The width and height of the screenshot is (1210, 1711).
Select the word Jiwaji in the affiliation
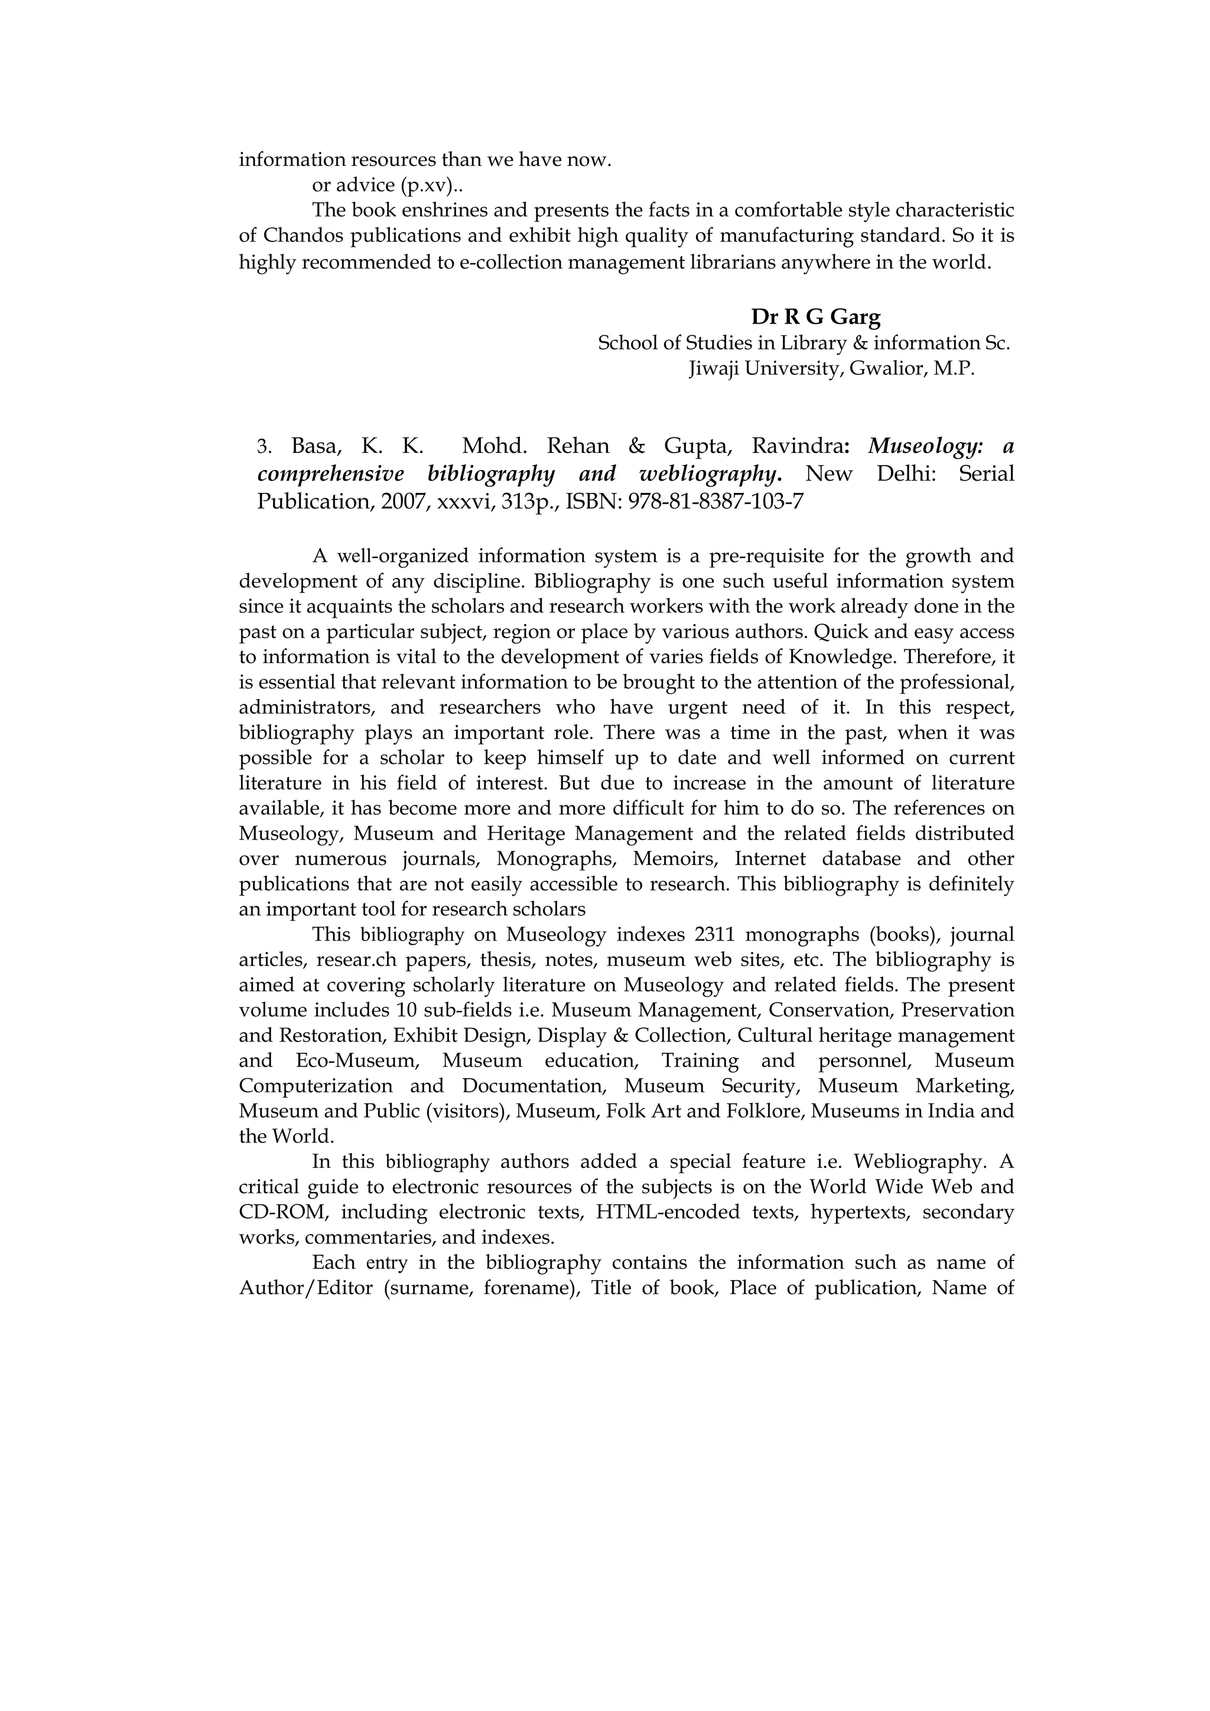(x=715, y=368)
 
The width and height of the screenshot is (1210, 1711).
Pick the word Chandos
(x=302, y=236)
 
